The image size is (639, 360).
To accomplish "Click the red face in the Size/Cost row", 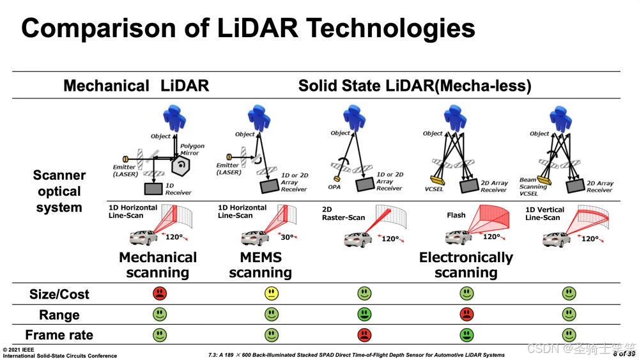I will tap(160, 293).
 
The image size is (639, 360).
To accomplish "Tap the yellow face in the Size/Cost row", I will tap(272, 293).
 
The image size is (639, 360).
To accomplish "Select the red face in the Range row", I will tap(466, 314).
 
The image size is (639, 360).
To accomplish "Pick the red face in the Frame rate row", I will tap(364, 334).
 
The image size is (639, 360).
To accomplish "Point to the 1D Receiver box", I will tap(153, 189).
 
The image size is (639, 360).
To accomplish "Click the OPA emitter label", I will tap(334, 188).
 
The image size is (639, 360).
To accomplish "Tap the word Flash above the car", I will tap(456, 215).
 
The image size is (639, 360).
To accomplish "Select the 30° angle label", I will tap(287, 237).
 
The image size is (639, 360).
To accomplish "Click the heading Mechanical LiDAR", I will tap(136, 86).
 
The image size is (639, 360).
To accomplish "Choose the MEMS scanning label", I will tap(260, 265).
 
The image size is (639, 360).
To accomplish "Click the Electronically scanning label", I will tap(466, 265).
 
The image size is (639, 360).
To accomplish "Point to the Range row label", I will tap(59, 315).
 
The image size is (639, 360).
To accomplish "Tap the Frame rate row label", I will tap(59, 335).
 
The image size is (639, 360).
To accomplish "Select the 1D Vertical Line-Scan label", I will tap(544, 214).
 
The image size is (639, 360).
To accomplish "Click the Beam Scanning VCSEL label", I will tap(533, 187).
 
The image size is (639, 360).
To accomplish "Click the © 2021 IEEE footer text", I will tap(19, 350).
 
